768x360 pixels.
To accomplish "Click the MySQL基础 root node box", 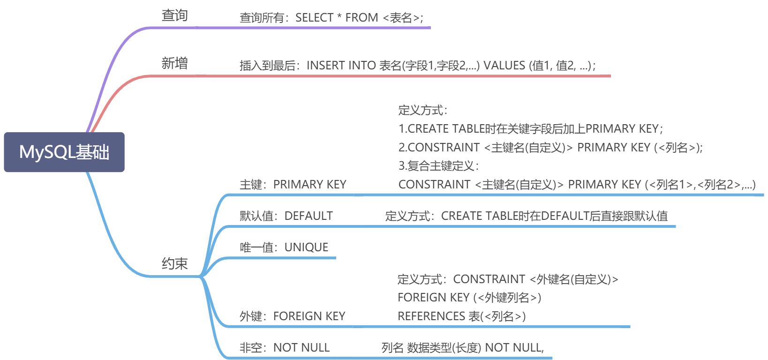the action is (x=64, y=152).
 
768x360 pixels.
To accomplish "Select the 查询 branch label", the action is (x=174, y=15).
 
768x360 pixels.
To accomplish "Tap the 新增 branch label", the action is (x=174, y=63).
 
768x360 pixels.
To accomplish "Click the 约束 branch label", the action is (x=174, y=263).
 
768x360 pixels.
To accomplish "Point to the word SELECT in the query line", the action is (x=314, y=17).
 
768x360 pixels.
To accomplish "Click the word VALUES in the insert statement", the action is (x=504, y=66).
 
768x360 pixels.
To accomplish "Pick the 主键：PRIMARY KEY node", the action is (x=293, y=185).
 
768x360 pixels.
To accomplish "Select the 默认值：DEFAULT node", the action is (x=286, y=216).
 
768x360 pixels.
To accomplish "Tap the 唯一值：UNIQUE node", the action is (x=284, y=247).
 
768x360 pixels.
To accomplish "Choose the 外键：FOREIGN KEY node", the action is (x=292, y=316).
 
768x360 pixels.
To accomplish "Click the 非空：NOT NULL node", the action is (x=285, y=348).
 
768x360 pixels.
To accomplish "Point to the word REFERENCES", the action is (x=431, y=316).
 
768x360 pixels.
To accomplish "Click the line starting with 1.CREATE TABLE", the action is (x=531, y=129).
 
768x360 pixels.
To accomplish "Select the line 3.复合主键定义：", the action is (x=438, y=166).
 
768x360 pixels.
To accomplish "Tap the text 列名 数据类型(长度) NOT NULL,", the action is (x=462, y=348).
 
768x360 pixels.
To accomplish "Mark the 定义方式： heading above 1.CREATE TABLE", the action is (x=423, y=111).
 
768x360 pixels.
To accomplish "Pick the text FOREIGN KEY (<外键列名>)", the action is (x=469, y=298).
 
